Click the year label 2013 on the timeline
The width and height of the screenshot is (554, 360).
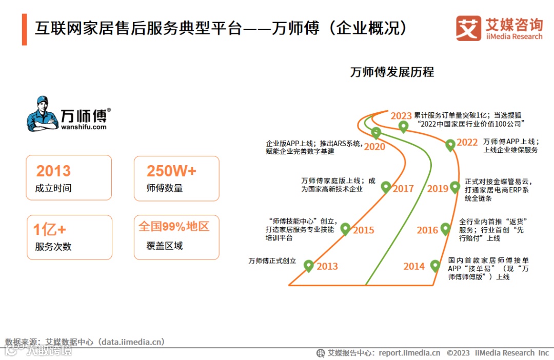(x=327, y=266)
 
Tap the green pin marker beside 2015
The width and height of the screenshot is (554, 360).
(x=346, y=229)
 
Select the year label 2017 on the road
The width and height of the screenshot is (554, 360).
(x=403, y=189)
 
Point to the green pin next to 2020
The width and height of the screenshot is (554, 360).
(x=376, y=133)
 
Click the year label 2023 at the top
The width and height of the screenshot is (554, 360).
(x=401, y=116)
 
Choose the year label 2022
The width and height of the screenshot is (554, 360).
(x=467, y=143)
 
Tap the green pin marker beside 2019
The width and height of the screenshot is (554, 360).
(x=455, y=187)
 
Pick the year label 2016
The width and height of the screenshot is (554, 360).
(x=427, y=230)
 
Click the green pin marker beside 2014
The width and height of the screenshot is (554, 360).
(x=435, y=266)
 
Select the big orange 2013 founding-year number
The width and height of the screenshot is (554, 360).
(x=53, y=171)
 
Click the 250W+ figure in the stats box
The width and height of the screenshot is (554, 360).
(x=171, y=171)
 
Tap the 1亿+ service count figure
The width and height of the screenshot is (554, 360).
(x=50, y=230)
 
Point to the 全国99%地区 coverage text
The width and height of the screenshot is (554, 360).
(x=174, y=226)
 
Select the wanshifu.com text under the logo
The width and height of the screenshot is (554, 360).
(x=84, y=127)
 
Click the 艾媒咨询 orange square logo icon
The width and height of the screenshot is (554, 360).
(x=468, y=28)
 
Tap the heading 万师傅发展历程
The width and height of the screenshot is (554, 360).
(x=392, y=72)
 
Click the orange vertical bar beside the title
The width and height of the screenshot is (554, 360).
(x=24, y=30)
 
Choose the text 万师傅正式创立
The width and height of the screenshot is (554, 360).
(x=272, y=261)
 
